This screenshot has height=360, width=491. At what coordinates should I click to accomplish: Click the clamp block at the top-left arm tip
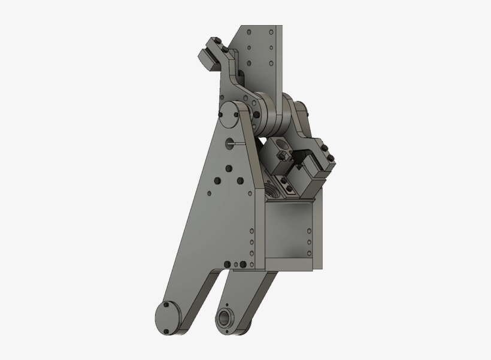(211, 53)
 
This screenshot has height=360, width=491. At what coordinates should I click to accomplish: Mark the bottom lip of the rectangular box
(290, 263)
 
